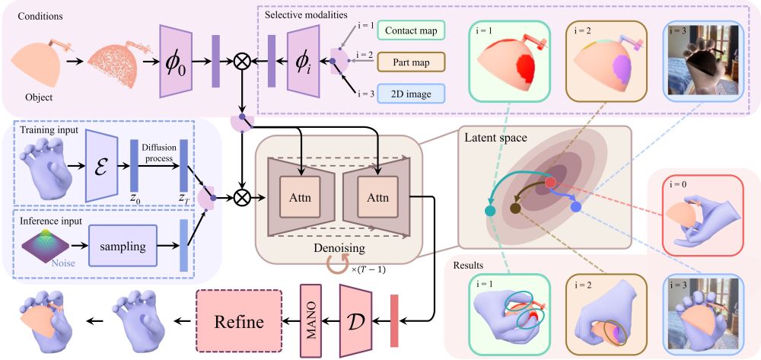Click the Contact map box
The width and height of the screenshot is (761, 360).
pyautogui.click(x=411, y=31)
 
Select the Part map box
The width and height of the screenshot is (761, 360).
pyautogui.click(x=411, y=62)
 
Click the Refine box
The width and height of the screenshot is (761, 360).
pyautogui.click(x=239, y=321)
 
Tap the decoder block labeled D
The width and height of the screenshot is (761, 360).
pyautogui.click(x=355, y=320)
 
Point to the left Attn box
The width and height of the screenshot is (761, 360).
pyautogui.click(x=300, y=196)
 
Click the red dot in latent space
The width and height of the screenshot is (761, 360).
pyautogui.click(x=550, y=183)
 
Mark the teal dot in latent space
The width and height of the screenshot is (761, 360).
pyautogui.click(x=491, y=210)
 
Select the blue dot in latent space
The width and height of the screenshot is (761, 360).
pyautogui.click(x=576, y=206)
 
